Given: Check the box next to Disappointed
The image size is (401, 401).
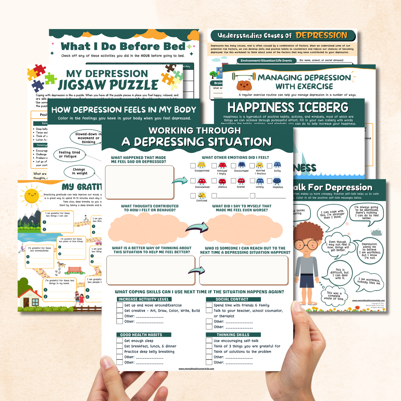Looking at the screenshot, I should pos(193,165).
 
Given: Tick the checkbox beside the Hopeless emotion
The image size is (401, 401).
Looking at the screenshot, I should pos(269,181).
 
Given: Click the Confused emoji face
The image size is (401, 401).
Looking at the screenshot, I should pos(202,195).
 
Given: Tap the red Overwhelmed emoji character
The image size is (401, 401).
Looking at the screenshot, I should pos(202,181).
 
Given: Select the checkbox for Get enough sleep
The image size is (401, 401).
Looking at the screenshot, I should pos(120,341).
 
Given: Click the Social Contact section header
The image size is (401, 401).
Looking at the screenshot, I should pos(233,299).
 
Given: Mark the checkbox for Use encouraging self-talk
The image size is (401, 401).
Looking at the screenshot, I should pos(209,341).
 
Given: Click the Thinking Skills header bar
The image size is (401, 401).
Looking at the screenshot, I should pos(233,335).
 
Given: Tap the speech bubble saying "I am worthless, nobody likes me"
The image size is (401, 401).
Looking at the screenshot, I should pos(369,281).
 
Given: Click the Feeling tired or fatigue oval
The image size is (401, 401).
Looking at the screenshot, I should pos(69,154).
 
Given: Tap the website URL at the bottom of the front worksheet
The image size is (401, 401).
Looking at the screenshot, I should pos(196,369).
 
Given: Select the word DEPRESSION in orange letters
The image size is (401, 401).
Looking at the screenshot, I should pos(321,35).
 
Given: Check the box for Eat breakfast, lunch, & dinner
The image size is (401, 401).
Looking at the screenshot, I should pos(120,346).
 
